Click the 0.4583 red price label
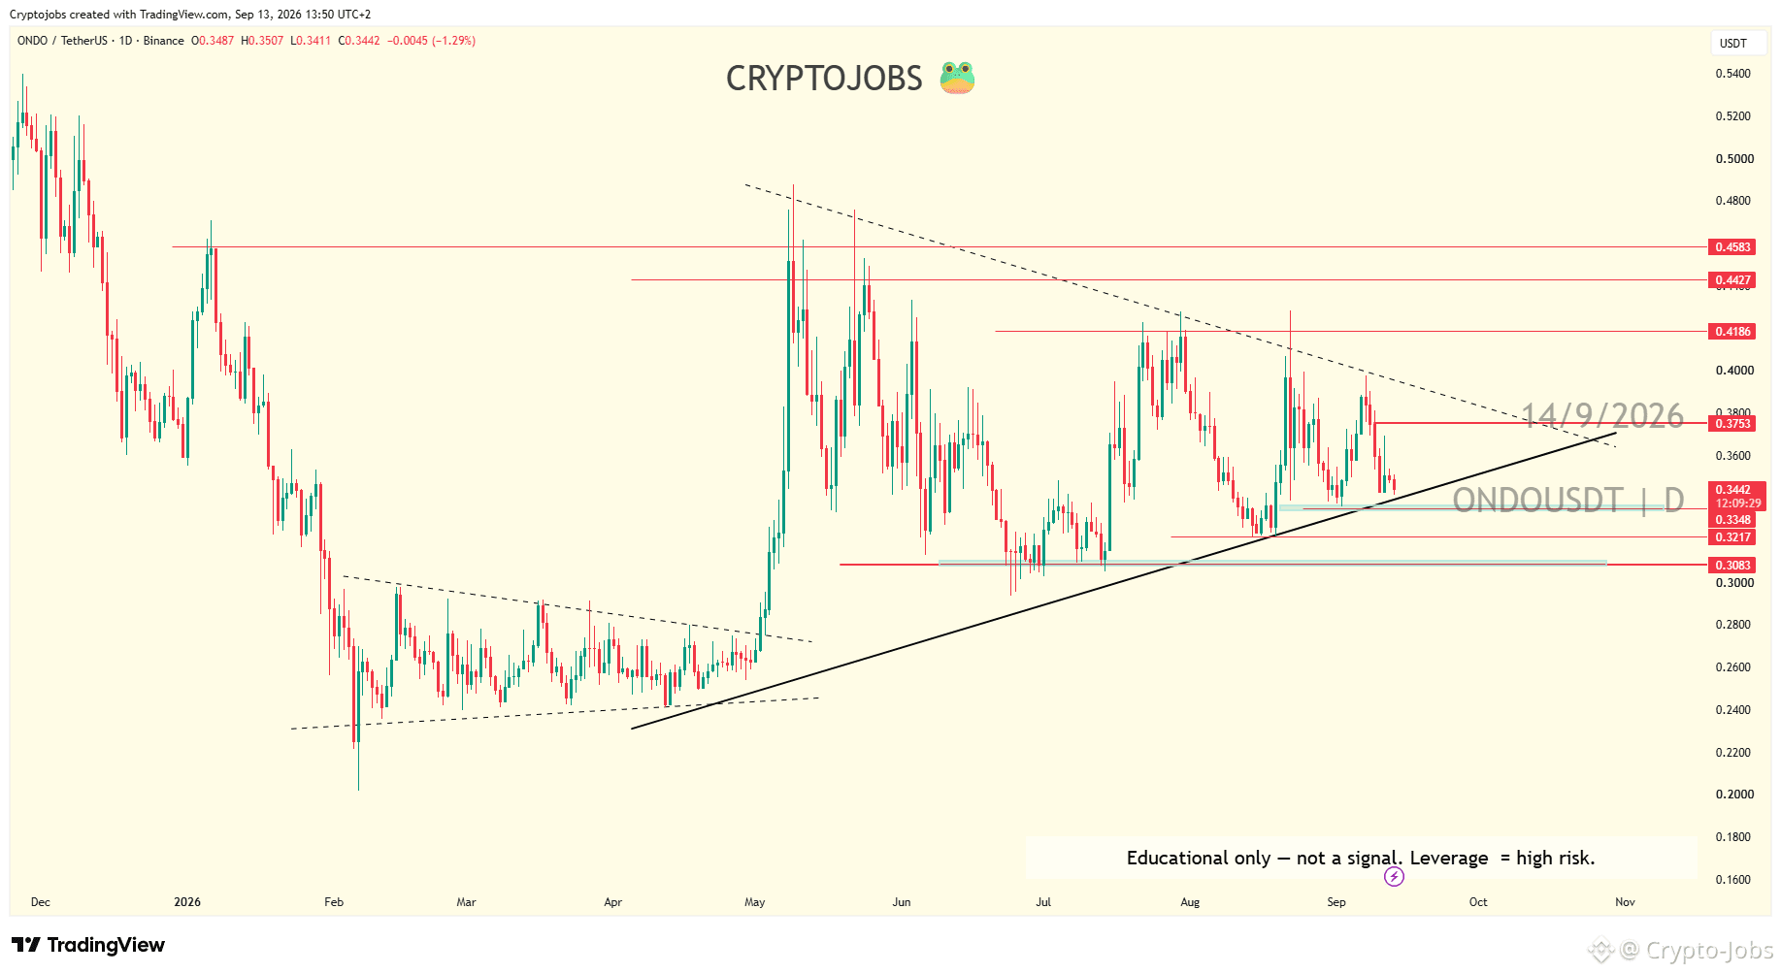[1732, 247]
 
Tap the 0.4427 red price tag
[1732, 280]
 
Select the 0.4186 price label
[1732, 332]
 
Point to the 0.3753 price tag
[1732, 424]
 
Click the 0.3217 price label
[1732, 537]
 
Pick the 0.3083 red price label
[1732, 566]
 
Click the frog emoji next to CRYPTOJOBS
[957, 78]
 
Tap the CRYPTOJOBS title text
[824, 79]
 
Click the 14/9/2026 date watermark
[1602, 416]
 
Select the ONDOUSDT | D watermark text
[1568, 501]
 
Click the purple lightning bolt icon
[1394, 877]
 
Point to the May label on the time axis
[755, 902]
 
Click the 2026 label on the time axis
[187, 902]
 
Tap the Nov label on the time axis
[1625, 902]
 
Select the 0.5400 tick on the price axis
[1733, 74]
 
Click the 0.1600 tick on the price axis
[1733, 880]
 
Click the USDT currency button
[1733, 43]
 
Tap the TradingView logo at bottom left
[88, 945]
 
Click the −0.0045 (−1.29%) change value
[432, 41]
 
